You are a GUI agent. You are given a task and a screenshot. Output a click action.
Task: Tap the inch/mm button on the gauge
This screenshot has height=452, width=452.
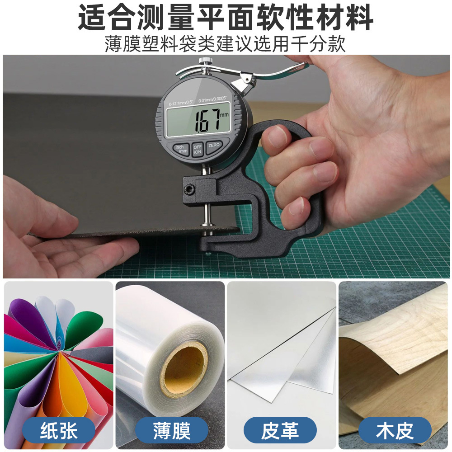click(181, 149)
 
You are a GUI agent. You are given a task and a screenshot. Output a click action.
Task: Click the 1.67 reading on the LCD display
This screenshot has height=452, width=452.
click(207, 120)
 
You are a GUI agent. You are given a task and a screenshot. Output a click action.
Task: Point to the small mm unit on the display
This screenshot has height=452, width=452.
click(224, 115)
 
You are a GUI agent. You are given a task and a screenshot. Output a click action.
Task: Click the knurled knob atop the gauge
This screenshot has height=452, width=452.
click(206, 61)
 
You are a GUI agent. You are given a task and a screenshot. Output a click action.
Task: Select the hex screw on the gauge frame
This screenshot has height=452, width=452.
click(189, 189)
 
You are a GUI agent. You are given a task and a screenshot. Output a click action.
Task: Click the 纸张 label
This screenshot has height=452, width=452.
click(59, 430)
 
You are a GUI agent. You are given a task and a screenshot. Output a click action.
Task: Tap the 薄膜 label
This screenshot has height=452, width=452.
click(171, 430)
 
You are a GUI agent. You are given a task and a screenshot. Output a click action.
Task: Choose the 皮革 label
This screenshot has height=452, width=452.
click(280, 430)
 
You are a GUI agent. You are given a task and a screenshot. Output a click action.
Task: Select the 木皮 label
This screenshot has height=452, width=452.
click(395, 430)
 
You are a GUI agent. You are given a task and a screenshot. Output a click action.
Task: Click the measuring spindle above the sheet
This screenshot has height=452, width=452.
click(207, 213)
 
